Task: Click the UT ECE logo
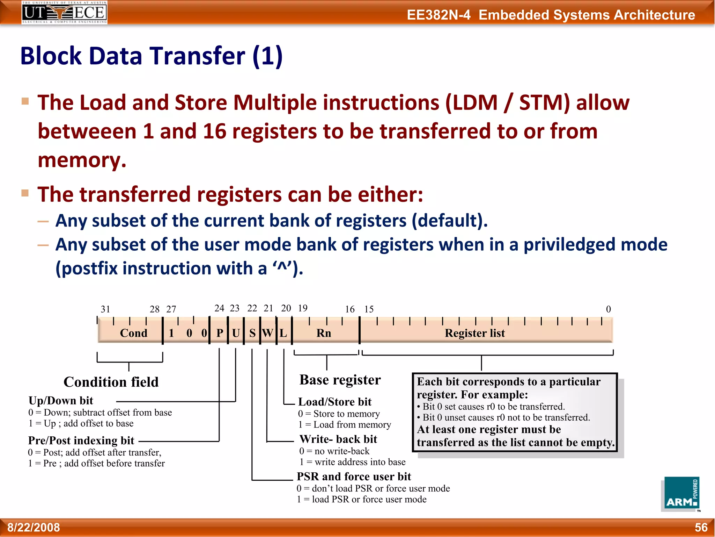click(x=65, y=13)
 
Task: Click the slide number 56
click(x=701, y=527)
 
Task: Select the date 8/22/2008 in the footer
click(x=34, y=527)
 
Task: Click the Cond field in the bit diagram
click(x=133, y=333)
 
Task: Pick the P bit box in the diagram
click(x=220, y=333)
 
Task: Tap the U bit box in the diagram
click(x=236, y=333)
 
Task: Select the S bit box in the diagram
click(x=252, y=333)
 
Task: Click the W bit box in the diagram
click(x=268, y=333)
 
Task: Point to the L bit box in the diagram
click(x=283, y=333)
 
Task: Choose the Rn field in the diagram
click(x=324, y=333)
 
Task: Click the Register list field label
click(x=474, y=333)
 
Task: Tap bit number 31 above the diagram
click(x=105, y=309)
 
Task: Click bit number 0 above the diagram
click(x=608, y=309)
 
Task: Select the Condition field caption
click(x=111, y=382)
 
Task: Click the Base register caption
click(x=340, y=380)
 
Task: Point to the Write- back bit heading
click(x=338, y=439)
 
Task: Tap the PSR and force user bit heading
click(x=354, y=477)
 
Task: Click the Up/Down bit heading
click(x=61, y=401)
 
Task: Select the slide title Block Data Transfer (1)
click(x=152, y=56)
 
